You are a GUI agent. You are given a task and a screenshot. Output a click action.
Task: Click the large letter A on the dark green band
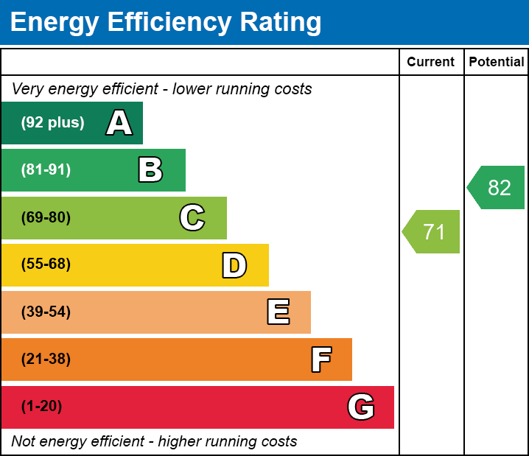(x=119, y=123)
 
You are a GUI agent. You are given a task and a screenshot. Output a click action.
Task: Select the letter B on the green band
(x=150, y=170)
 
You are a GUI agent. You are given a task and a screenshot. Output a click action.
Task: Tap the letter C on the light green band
(x=192, y=217)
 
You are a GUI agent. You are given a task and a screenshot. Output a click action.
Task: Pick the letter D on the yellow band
(x=234, y=265)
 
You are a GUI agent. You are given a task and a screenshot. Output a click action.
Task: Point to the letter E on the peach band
(x=278, y=312)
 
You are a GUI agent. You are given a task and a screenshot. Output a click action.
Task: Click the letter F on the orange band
(x=320, y=359)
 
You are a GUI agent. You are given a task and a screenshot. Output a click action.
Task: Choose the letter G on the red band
(x=361, y=407)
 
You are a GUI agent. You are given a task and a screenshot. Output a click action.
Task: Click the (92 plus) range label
(x=52, y=123)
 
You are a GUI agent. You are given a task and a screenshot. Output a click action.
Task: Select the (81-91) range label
(x=46, y=170)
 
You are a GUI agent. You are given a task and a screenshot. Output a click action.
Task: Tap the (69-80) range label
(x=46, y=217)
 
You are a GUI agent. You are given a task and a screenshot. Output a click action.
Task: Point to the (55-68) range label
(x=46, y=264)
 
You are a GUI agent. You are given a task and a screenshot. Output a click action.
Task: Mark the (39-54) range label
(x=46, y=312)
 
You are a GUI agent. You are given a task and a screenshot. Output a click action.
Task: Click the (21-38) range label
(x=46, y=359)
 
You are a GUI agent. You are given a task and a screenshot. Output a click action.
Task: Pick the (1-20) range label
(x=42, y=407)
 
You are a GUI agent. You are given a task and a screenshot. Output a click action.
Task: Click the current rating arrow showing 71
(x=432, y=232)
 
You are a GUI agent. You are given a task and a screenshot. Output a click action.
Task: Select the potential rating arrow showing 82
(x=497, y=188)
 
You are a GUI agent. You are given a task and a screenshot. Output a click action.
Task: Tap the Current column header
(x=431, y=63)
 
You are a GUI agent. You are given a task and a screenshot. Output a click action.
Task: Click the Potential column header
(x=497, y=63)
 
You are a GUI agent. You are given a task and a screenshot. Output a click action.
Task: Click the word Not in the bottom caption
(x=24, y=442)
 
